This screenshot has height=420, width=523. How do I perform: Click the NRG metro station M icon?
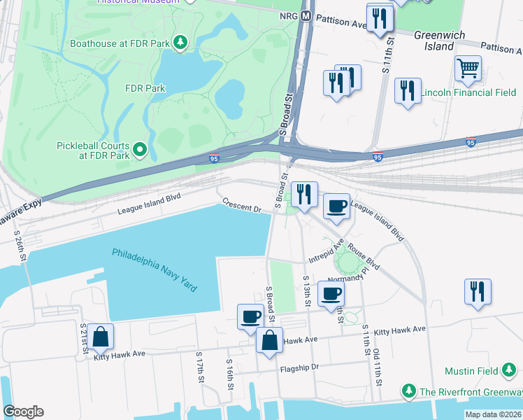(x=306, y=16)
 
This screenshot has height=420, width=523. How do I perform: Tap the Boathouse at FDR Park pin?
(x=181, y=43)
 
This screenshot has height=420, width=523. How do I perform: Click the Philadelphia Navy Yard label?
(x=155, y=270)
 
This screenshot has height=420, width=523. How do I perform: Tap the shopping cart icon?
(x=468, y=69)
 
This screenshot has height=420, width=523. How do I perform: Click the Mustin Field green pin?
(x=509, y=370)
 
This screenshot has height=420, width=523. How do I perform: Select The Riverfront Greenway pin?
(x=408, y=390)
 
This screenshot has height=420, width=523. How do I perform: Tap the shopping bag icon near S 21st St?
(x=101, y=337)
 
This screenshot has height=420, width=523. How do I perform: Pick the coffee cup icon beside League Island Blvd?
(x=336, y=206)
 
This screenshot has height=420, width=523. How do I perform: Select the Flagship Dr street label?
(x=299, y=367)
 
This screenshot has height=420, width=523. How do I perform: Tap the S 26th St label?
(x=21, y=246)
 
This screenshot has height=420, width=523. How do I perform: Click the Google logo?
(x=23, y=411)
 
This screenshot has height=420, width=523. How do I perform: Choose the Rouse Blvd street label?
(x=364, y=256)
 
